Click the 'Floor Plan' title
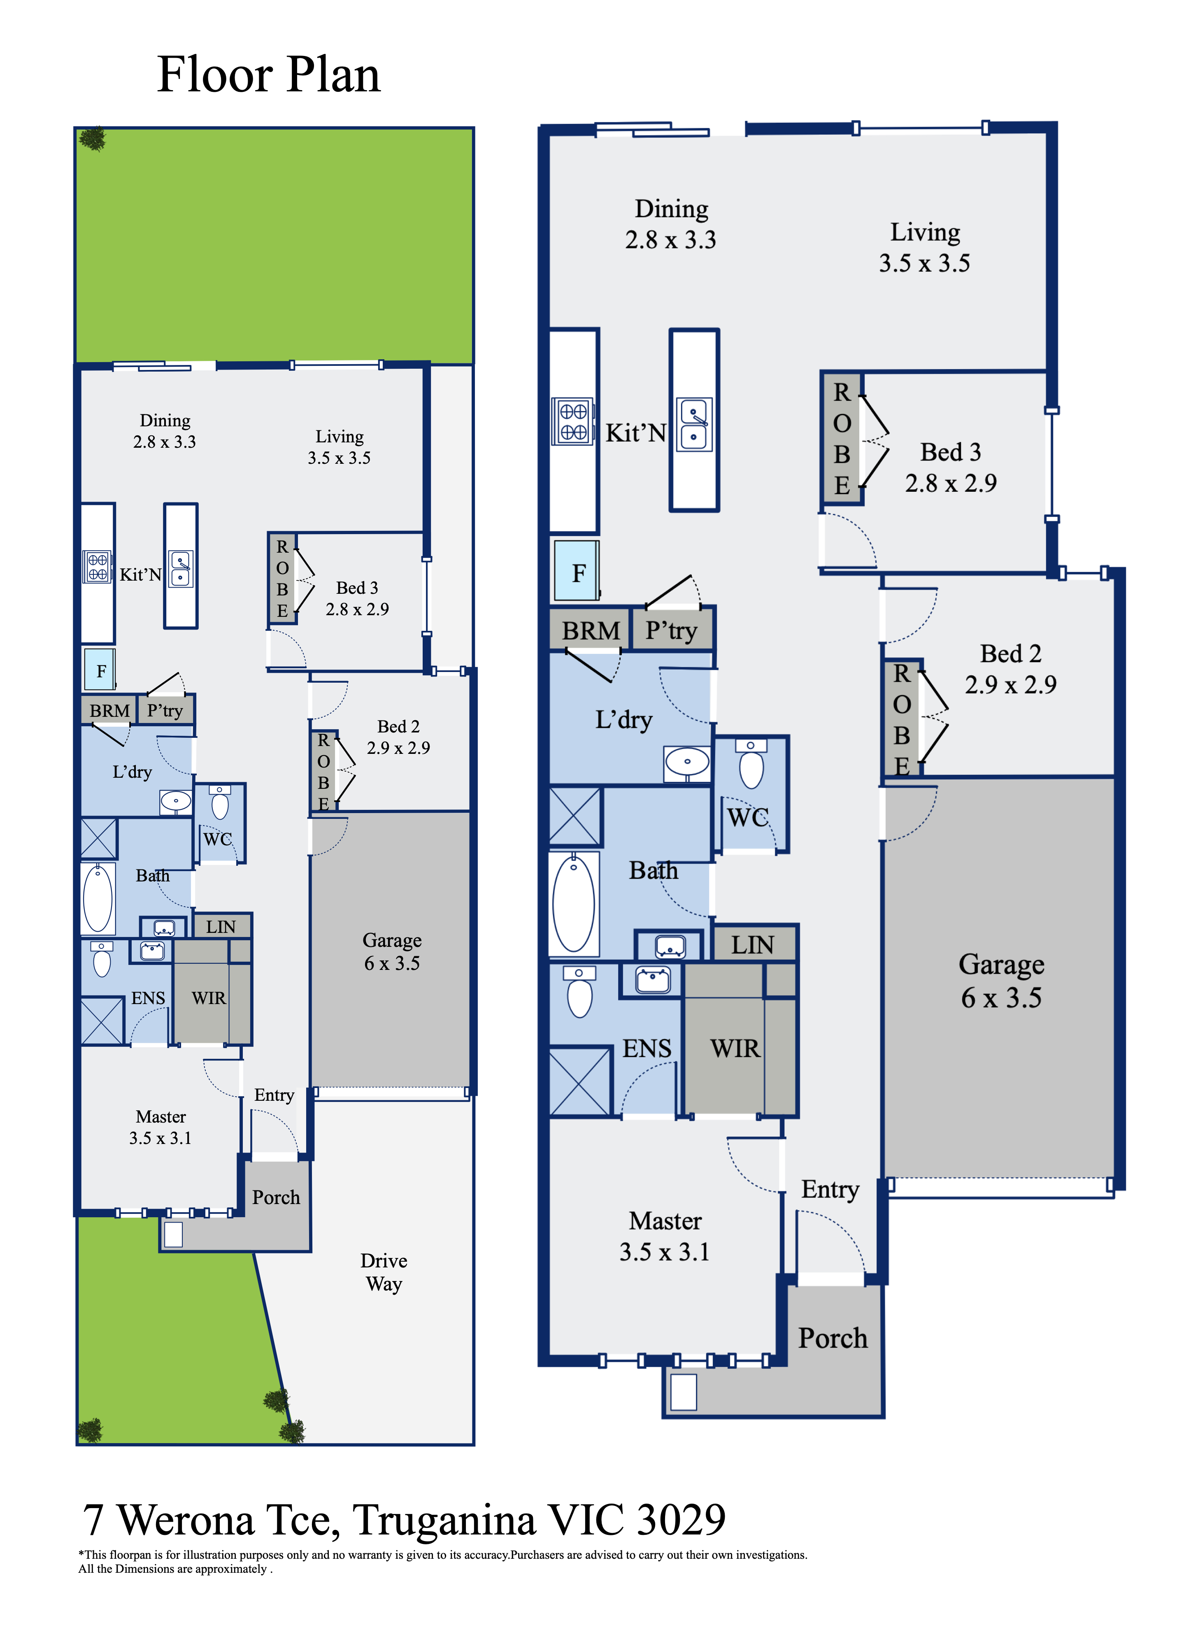click(269, 75)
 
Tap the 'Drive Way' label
click(384, 1272)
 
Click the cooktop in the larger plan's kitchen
click(572, 421)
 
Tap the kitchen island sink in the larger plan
click(695, 425)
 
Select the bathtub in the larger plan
click(574, 904)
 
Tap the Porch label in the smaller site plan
click(276, 1197)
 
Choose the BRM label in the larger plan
click(591, 631)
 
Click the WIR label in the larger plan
click(735, 1049)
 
